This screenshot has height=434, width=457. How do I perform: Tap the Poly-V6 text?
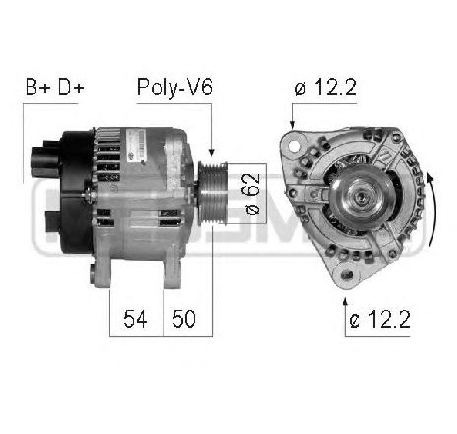(x=174, y=89)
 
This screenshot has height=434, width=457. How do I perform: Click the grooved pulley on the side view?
(x=211, y=191)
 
